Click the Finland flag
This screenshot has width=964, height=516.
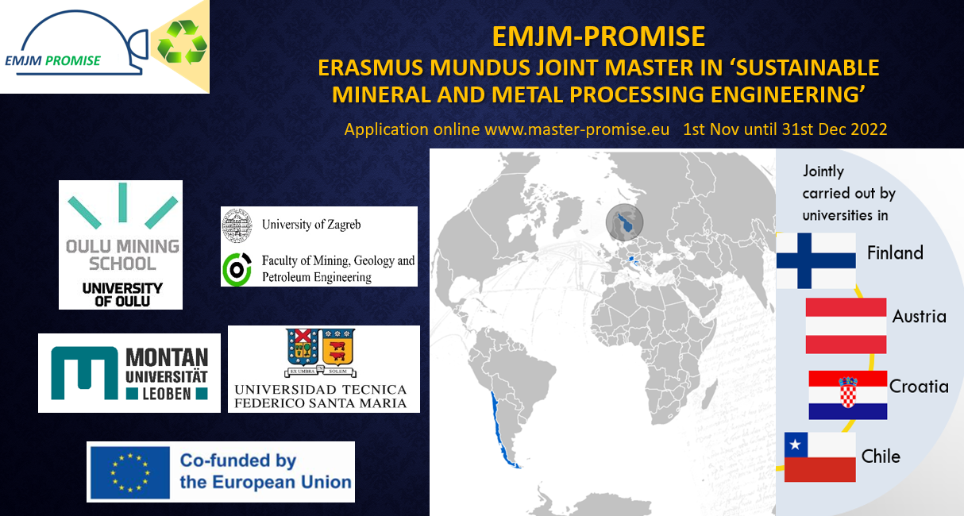pyautogui.click(x=816, y=260)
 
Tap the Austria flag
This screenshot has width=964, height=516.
pyautogui.click(x=846, y=325)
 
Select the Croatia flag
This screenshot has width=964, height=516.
pyautogui.click(x=847, y=395)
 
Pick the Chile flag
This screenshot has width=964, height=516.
pyautogui.click(x=819, y=457)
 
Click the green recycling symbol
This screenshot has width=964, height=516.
pyautogui.click(x=181, y=43)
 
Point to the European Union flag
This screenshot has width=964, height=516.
pyautogui.click(x=130, y=472)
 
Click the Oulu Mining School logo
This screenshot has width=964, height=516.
pyautogui.click(x=121, y=245)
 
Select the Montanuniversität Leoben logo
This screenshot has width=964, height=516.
pyautogui.click(x=129, y=373)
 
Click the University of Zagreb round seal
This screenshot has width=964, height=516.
pyautogui.click(x=237, y=224)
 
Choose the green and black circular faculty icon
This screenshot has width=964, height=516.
pyautogui.click(x=237, y=269)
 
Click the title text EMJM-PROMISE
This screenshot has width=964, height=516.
pyautogui.click(x=598, y=37)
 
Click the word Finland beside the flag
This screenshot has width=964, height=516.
pyautogui.click(x=895, y=253)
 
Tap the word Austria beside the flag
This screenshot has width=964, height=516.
pyautogui.click(x=919, y=317)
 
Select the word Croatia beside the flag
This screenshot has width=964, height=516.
pyautogui.click(x=919, y=387)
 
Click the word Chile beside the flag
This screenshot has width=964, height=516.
pyautogui.click(x=881, y=456)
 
